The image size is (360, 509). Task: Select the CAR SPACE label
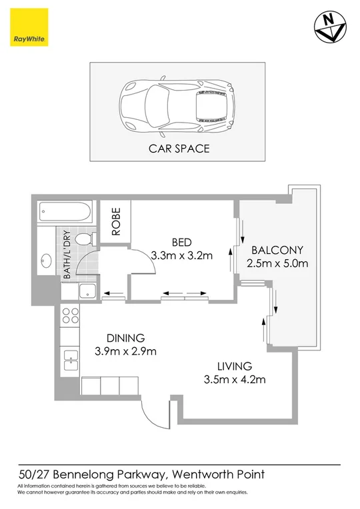pos(179,149)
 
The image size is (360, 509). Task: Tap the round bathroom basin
pos(47,260)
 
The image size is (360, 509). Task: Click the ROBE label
pos(115,223)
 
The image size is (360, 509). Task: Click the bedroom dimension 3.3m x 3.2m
pos(182,255)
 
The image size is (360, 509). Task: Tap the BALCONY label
pos(277,251)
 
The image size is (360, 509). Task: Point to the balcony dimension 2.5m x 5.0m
pos(277,264)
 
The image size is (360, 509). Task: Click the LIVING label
pos(233,366)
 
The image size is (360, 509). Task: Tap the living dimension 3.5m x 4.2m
pos(233,380)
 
